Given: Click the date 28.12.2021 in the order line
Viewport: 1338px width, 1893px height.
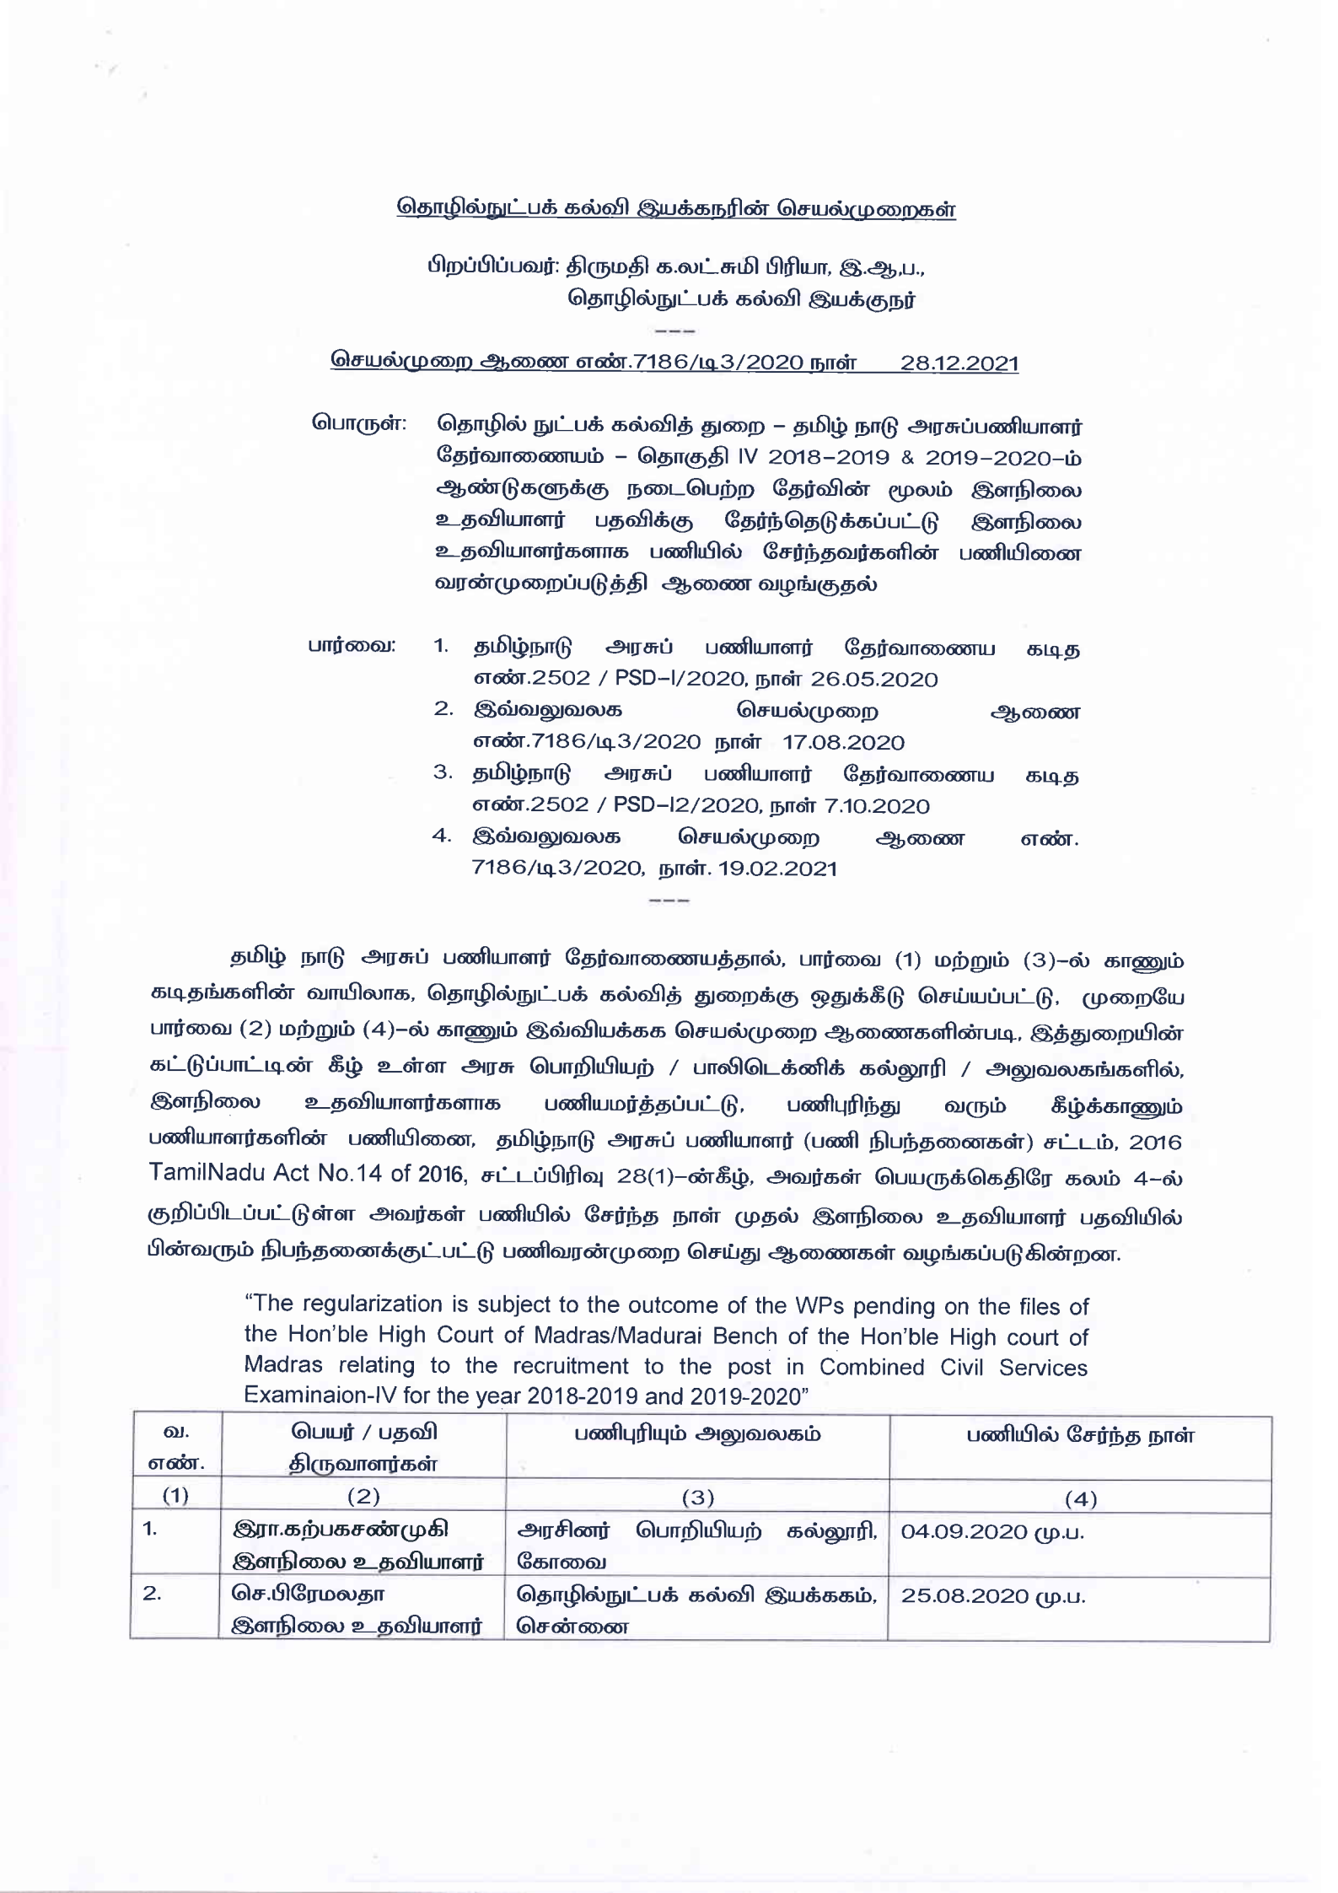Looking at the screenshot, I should [x=959, y=363].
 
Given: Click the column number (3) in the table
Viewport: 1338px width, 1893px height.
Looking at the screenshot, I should [x=697, y=1498].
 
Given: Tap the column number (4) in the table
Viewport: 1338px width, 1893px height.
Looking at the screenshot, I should [x=1080, y=1498].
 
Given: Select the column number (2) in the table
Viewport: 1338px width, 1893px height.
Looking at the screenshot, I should [x=363, y=1497].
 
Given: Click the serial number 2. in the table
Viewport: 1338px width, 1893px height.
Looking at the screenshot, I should [x=152, y=1595].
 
